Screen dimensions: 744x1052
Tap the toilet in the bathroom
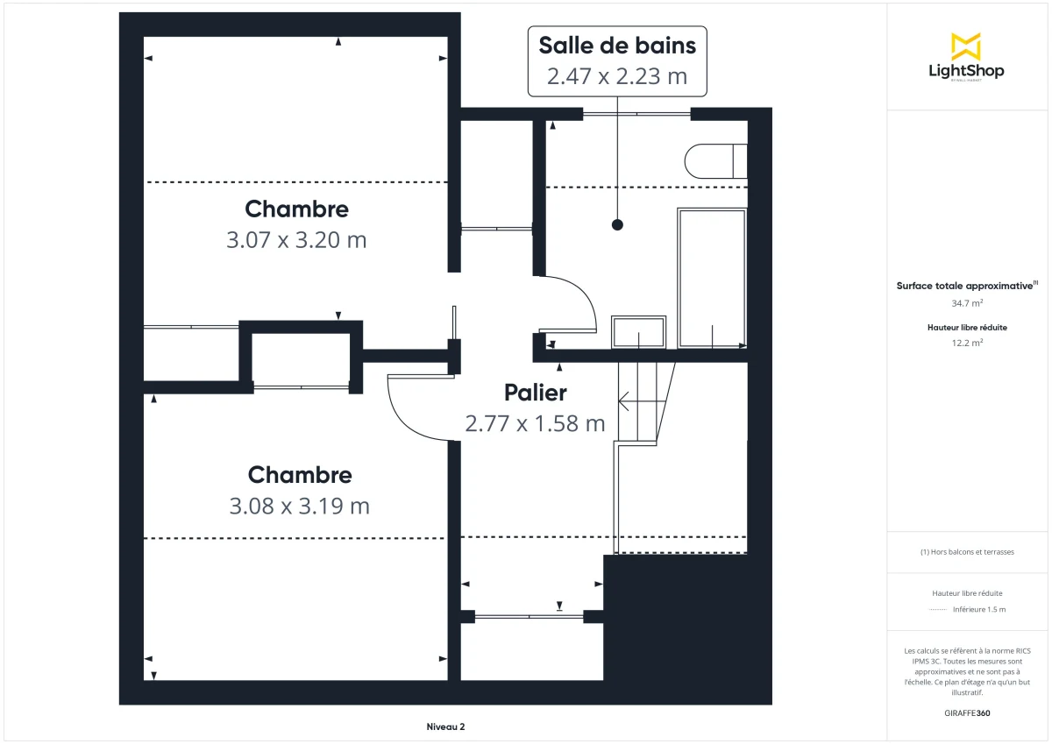tap(714, 161)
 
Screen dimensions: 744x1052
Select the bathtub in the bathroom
tap(711, 277)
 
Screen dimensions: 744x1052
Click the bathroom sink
tap(639, 332)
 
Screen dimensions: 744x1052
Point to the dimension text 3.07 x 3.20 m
tap(296, 240)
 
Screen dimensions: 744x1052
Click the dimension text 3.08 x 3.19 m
tap(299, 506)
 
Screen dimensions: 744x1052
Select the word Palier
tap(535, 393)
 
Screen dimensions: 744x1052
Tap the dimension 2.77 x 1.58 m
tap(535, 424)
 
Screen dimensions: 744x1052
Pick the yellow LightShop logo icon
tap(965, 46)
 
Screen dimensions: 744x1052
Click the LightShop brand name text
tap(965, 71)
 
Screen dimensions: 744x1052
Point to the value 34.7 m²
tap(967, 303)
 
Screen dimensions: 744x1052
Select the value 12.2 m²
tap(967, 343)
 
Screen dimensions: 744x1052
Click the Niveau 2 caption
tap(445, 726)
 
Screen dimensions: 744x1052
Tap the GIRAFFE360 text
tap(967, 713)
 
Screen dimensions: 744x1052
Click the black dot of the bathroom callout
tap(617, 225)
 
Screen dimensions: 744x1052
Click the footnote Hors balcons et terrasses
tap(967, 552)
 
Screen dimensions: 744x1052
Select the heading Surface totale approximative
tap(965, 286)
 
